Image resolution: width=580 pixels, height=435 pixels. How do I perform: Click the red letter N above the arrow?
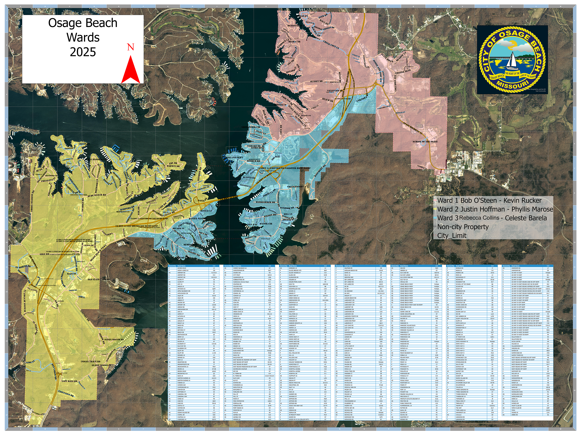[130, 47]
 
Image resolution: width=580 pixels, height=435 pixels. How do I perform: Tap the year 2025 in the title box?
[83, 52]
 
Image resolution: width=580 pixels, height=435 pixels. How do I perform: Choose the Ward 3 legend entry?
[492, 218]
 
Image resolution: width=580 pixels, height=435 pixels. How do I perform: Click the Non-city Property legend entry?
[463, 227]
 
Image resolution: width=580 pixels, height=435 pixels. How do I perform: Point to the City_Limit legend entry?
[452, 235]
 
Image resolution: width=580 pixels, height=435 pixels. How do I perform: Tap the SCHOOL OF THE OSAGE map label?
[425, 142]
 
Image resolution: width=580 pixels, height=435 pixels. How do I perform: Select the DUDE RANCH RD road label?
[97, 195]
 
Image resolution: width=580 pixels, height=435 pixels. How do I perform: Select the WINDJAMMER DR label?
[265, 202]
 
